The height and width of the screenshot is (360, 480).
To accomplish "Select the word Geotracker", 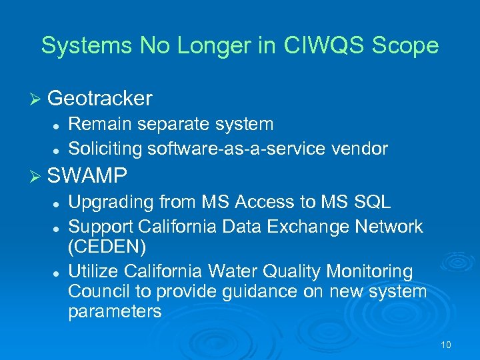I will pyautogui.click(x=100, y=99).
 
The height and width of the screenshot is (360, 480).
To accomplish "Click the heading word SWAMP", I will pyautogui.click(x=87, y=176).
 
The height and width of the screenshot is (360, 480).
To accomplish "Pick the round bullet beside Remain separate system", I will pyautogui.click(x=58, y=125).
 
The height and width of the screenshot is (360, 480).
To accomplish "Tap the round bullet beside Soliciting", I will pyautogui.click(x=58, y=149).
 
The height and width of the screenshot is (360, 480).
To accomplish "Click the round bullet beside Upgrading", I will pyautogui.click(x=58, y=203).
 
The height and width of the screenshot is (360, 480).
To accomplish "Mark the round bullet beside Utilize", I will pyautogui.click(x=58, y=273).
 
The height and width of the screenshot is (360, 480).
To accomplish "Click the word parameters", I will pyautogui.click(x=115, y=311).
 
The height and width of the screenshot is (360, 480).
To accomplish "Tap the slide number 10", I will pyautogui.click(x=446, y=345).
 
